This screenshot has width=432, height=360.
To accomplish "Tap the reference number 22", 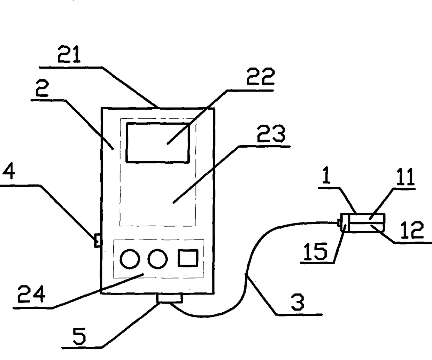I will pos(261,78).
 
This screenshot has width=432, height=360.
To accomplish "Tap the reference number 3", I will pos(298,302).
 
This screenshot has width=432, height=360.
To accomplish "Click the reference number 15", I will pos(315,251).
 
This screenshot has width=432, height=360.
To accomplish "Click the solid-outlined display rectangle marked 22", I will pos(158,142).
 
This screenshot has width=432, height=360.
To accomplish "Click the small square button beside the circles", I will pos(188,258).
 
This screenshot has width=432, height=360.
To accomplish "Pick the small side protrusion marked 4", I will pos(98,240).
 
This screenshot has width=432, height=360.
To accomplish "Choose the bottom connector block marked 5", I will pos(170,298).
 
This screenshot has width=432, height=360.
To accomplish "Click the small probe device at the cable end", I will pos(362,223).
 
